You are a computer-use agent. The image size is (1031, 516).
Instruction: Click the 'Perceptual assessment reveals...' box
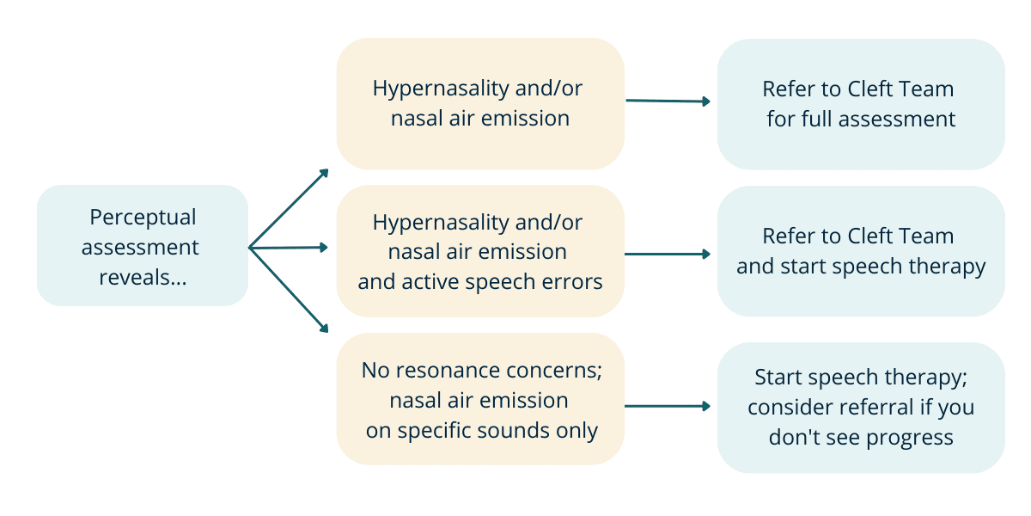click(x=143, y=245)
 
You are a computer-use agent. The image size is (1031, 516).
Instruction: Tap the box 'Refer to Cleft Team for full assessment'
click(x=861, y=103)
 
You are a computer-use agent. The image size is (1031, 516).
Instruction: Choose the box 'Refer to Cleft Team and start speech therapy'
click(x=861, y=251)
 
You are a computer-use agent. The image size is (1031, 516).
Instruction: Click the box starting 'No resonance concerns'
click(x=480, y=399)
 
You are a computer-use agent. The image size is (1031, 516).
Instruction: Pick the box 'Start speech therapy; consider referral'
click(x=861, y=407)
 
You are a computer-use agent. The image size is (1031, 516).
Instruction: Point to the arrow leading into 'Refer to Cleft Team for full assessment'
click(x=668, y=101)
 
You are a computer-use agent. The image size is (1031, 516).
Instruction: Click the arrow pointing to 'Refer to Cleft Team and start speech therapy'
click(x=668, y=254)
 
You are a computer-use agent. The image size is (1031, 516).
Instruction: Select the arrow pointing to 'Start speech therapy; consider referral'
click(x=668, y=405)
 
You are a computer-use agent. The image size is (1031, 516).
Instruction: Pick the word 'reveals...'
click(x=143, y=277)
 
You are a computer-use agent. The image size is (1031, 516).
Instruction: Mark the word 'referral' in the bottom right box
click(x=867, y=407)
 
